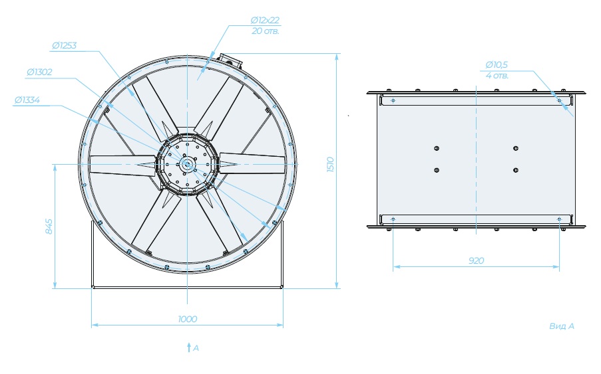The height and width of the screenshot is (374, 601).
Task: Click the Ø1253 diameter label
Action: (65, 46)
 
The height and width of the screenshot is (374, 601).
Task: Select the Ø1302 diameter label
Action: (39, 72)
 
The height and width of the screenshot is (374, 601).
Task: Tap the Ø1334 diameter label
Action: (27, 100)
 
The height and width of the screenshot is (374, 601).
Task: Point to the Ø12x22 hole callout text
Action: (266, 20)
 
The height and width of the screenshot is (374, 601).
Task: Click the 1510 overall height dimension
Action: (331, 165)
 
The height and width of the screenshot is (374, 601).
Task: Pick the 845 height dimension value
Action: (49, 227)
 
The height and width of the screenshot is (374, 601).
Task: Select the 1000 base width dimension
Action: (188, 319)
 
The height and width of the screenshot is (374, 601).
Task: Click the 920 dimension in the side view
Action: (477, 260)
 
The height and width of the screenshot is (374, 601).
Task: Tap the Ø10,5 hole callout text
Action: (497, 64)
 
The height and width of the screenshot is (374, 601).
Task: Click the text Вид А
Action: (562, 326)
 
